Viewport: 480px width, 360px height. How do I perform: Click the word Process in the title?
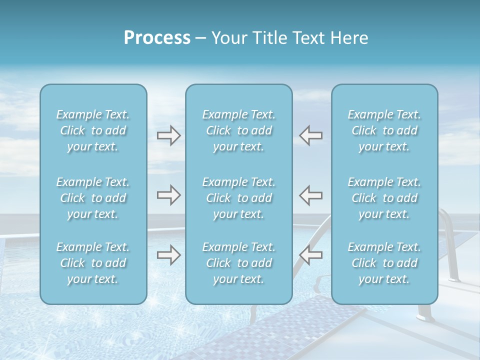click(157, 38)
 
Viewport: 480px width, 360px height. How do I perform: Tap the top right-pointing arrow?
click(168, 135)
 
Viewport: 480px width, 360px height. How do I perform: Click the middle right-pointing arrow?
click(168, 195)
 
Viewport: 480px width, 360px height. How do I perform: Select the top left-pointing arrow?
click(310, 135)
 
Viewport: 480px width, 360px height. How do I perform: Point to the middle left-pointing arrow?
click(310, 195)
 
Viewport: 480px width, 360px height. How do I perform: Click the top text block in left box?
click(93, 130)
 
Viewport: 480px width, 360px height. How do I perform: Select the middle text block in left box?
click(93, 198)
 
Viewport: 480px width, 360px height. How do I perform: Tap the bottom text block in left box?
click(93, 263)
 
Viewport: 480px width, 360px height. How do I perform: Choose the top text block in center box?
click(238, 130)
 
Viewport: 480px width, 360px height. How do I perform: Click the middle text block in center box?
click(238, 198)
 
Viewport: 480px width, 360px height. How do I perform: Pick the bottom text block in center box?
click(238, 263)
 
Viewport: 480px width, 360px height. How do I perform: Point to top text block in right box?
click(384, 130)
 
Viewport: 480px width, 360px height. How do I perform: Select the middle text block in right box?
click(384, 198)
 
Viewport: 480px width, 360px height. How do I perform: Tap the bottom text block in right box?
click(384, 263)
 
